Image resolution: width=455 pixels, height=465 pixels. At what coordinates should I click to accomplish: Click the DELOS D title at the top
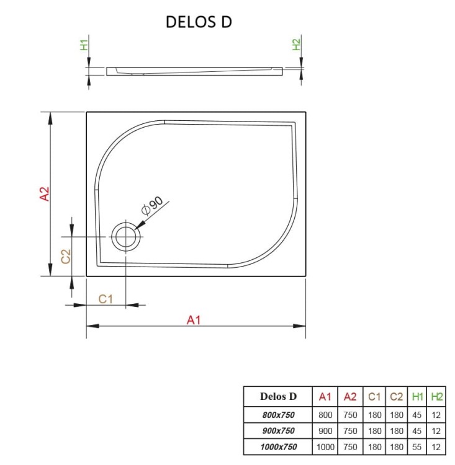(x=199, y=22)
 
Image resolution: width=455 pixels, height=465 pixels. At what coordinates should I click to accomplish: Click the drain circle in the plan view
(x=126, y=237)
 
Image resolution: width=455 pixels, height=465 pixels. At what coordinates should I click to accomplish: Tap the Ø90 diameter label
(x=153, y=205)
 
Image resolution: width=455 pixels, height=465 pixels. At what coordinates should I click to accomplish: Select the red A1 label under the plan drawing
(x=195, y=320)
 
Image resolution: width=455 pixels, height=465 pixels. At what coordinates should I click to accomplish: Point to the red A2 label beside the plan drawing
(x=45, y=194)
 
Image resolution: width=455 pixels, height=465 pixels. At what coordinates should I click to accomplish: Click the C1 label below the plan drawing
(x=106, y=299)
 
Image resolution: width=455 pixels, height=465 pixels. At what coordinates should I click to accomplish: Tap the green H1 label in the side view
(x=84, y=45)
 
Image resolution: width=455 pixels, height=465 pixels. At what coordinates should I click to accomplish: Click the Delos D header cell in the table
(x=278, y=396)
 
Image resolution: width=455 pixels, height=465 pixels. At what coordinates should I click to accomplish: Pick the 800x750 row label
(x=278, y=414)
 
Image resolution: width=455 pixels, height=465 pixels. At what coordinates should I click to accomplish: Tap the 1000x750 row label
(x=278, y=446)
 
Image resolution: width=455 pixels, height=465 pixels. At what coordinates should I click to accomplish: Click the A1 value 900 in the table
(x=325, y=430)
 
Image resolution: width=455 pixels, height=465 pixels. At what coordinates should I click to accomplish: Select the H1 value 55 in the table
(x=418, y=446)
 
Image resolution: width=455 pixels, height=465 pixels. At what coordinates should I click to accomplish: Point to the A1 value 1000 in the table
(x=325, y=446)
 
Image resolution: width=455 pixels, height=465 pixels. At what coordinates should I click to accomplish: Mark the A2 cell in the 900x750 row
(x=350, y=430)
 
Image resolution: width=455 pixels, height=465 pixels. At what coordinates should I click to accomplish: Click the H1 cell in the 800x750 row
(x=418, y=414)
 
